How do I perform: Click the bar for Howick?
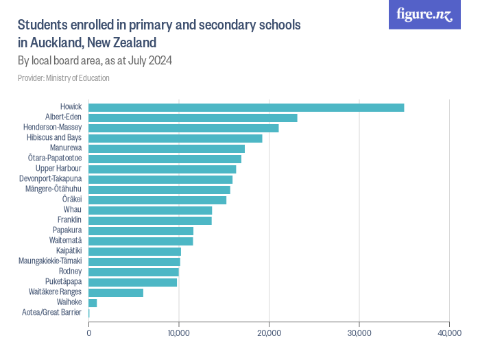[246, 107]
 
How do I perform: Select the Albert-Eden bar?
[193, 117]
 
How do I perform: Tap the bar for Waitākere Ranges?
[116, 292]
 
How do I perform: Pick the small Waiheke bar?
[93, 302]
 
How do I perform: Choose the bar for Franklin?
[150, 220]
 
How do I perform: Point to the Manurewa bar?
[167, 148]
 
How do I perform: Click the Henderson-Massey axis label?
[52, 128]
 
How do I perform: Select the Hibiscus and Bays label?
[54, 138]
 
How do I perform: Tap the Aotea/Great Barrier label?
[51, 313]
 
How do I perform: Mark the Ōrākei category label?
[72, 200]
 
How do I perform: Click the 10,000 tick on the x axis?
[178, 333]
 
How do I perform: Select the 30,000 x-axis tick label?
[359, 333]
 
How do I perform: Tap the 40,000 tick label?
[448, 333]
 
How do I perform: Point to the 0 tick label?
[89, 333]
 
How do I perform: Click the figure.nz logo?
[424, 15]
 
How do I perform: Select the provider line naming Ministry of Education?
[64, 78]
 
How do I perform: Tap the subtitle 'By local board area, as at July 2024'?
[95, 60]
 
